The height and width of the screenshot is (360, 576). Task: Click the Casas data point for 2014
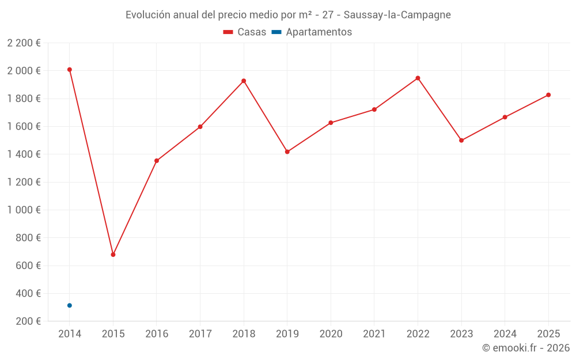[x=70, y=70]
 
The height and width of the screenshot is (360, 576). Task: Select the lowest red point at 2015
[x=113, y=255]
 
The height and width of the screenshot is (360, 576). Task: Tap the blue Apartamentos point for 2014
[x=70, y=305]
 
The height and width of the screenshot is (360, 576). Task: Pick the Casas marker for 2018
[x=244, y=81]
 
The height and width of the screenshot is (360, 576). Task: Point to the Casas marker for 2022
[x=418, y=78]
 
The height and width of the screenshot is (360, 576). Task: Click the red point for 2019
[x=287, y=152]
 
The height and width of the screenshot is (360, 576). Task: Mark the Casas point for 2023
[x=461, y=141]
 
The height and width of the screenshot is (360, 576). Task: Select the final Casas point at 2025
[x=548, y=95]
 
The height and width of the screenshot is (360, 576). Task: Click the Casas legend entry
[x=245, y=32]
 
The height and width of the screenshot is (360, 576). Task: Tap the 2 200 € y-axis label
[x=24, y=43]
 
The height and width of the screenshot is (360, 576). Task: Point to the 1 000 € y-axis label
[x=24, y=210]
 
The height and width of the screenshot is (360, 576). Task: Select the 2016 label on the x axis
[x=157, y=334]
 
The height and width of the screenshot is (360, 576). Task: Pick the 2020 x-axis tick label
[x=331, y=334]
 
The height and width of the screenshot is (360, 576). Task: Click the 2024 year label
[x=505, y=334]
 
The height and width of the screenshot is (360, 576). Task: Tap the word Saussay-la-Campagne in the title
[x=397, y=14]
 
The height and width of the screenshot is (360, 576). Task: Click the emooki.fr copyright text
[x=525, y=348]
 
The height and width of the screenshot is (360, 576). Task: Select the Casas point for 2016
[x=157, y=161]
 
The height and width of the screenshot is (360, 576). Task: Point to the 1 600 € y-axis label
[x=24, y=127]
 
